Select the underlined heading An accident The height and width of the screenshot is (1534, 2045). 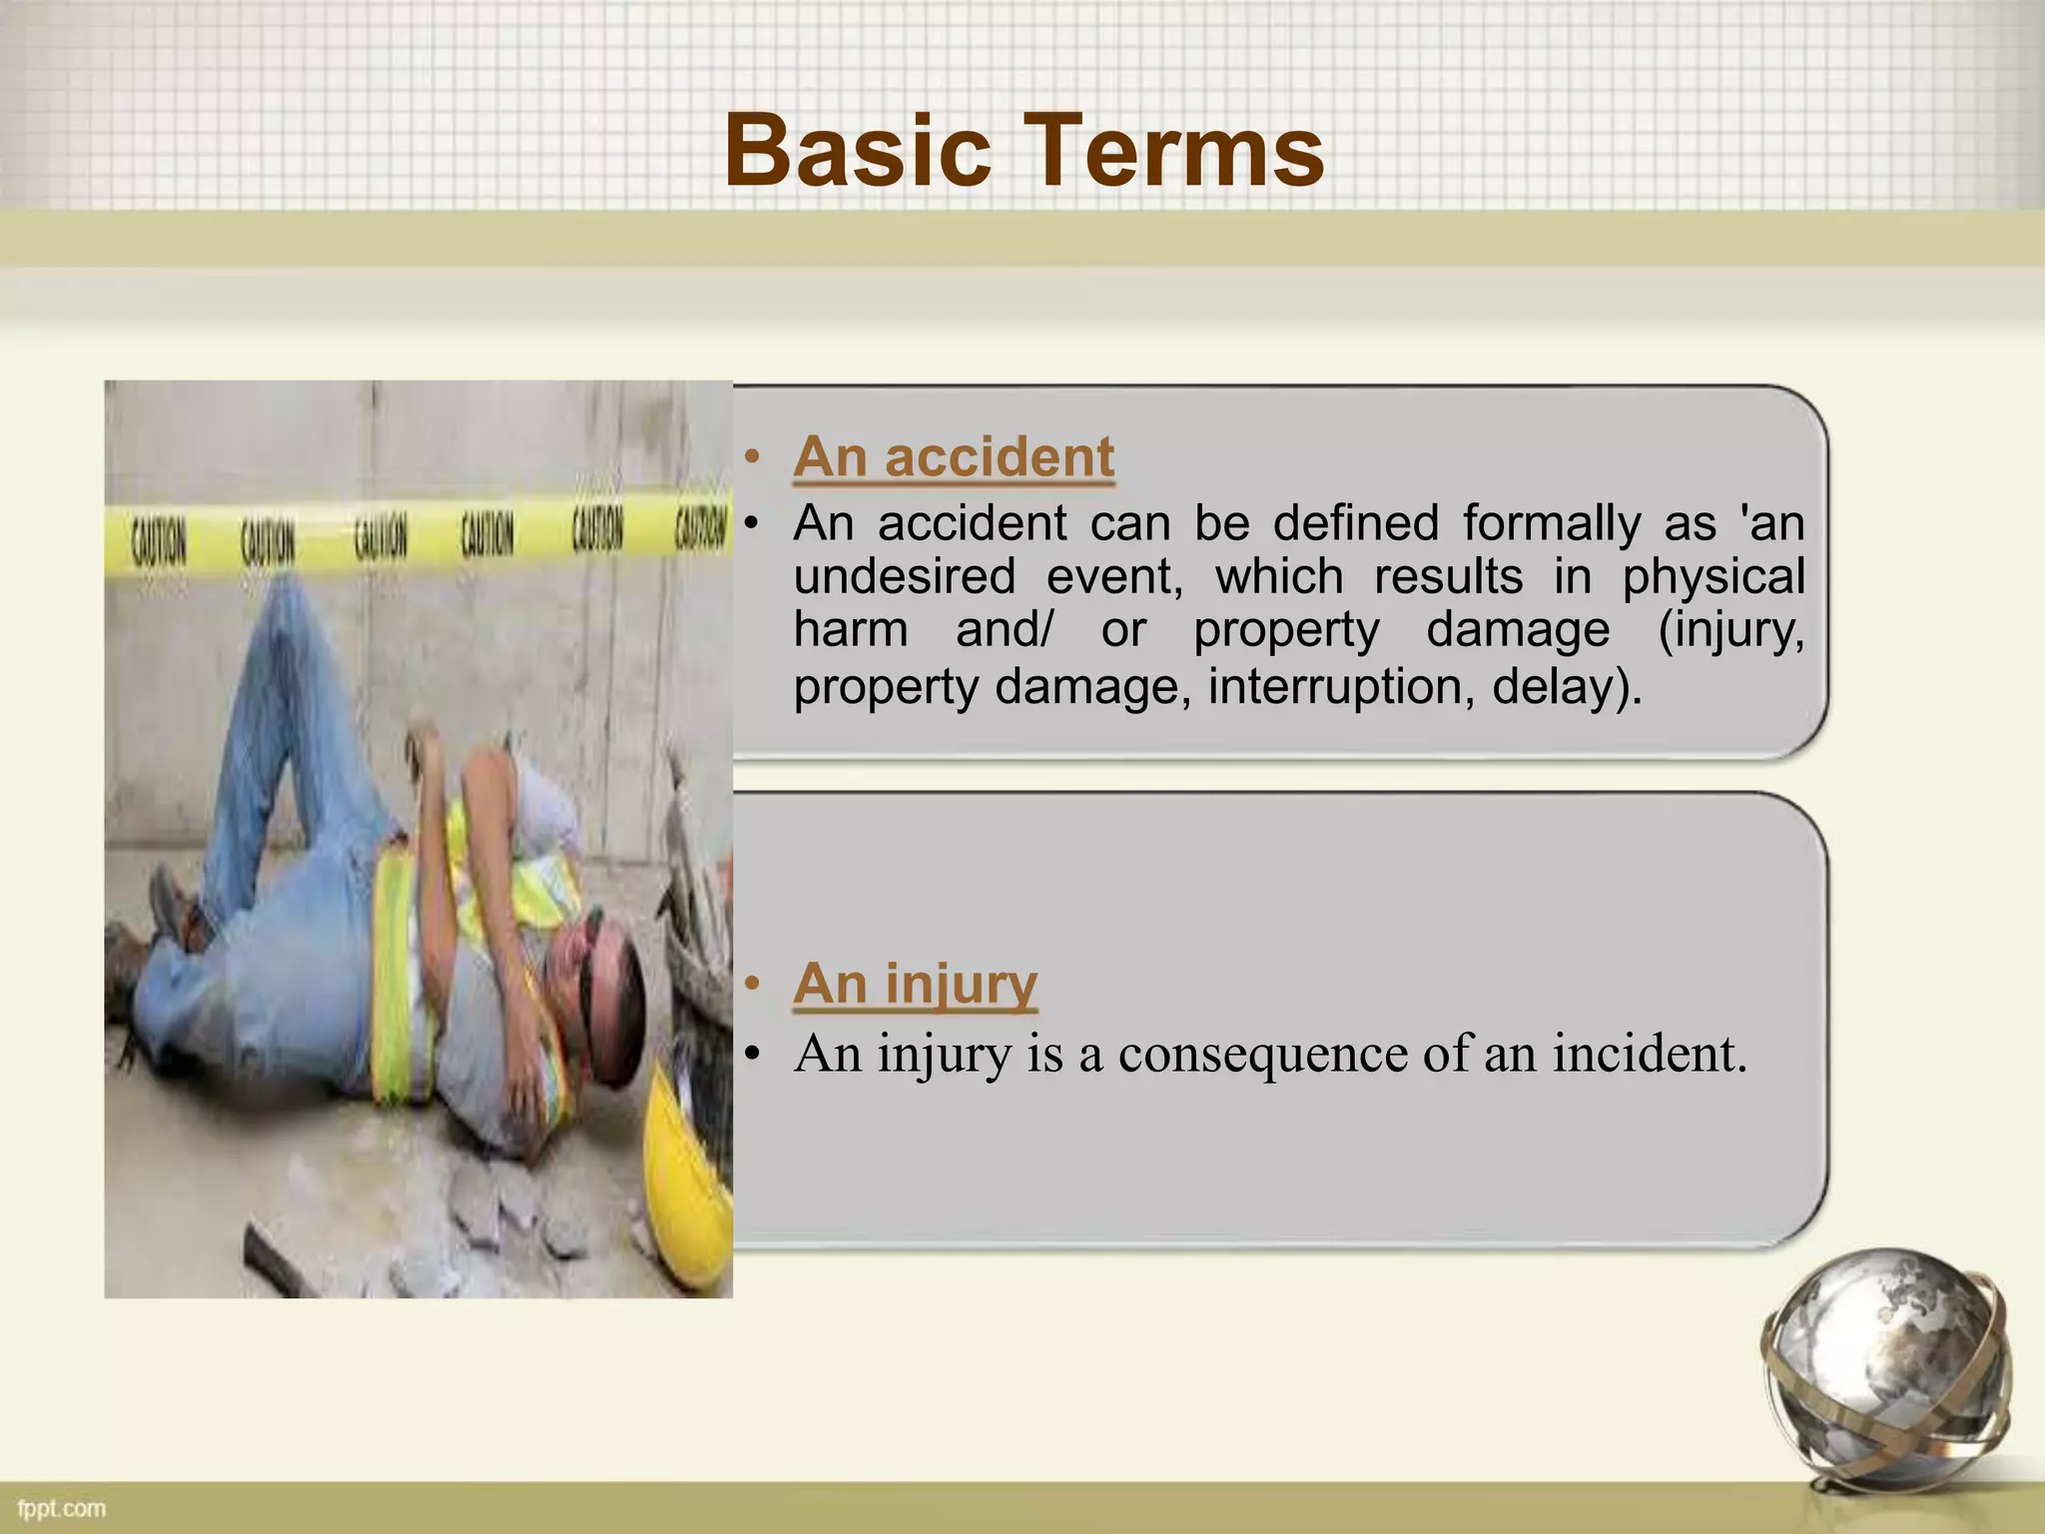[953, 457]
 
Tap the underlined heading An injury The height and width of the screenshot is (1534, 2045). [915, 984]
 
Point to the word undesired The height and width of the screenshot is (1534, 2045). [904, 577]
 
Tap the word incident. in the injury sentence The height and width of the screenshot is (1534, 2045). [1649, 1055]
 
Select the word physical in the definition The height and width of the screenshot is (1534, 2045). [1712, 577]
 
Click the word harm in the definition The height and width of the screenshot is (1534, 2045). [850, 631]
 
